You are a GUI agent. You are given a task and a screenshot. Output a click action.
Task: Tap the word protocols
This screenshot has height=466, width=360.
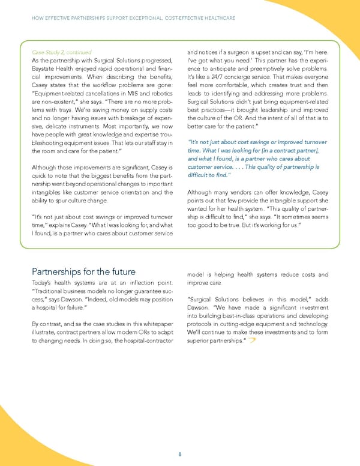click(x=202, y=322)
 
